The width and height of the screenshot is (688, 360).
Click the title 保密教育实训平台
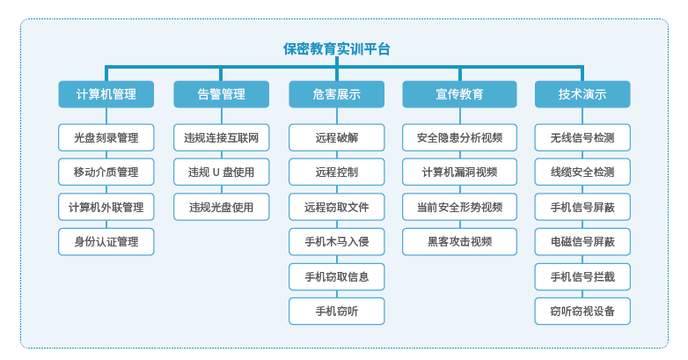pyautogui.click(x=337, y=48)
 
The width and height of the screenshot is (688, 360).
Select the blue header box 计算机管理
pyautogui.click(x=106, y=94)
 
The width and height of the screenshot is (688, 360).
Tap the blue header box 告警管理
pyautogui.click(x=221, y=94)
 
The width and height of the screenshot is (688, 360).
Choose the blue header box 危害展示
pyautogui.click(x=337, y=94)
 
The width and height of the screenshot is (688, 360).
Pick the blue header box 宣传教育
pyautogui.click(x=459, y=94)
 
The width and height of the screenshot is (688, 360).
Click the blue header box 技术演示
pyautogui.click(x=582, y=94)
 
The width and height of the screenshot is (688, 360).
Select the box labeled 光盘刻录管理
pyautogui.click(x=106, y=137)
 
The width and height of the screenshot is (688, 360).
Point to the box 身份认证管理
pyautogui.click(x=106, y=241)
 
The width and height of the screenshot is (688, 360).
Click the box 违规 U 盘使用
pyautogui.click(x=221, y=173)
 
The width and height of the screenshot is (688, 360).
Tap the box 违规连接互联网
pyautogui.click(x=221, y=137)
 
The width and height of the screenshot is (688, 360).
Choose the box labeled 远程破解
pyautogui.click(x=337, y=137)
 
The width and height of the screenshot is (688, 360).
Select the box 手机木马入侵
pyautogui.click(x=337, y=241)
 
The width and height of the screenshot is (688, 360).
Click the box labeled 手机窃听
pyautogui.click(x=337, y=312)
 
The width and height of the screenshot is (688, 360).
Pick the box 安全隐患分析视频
pyautogui.click(x=459, y=137)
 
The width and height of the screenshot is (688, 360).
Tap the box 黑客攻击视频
pyautogui.click(x=459, y=241)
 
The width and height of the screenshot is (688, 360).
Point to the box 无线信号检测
pyautogui.click(x=582, y=137)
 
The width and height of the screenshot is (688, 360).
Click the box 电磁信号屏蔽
pyautogui.click(x=582, y=241)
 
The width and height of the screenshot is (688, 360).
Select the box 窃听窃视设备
pyautogui.click(x=582, y=312)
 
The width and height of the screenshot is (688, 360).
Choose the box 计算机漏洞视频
pyautogui.click(x=459, y=173)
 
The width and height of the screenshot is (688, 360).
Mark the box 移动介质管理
pyautogui.click(x=106, y=173)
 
